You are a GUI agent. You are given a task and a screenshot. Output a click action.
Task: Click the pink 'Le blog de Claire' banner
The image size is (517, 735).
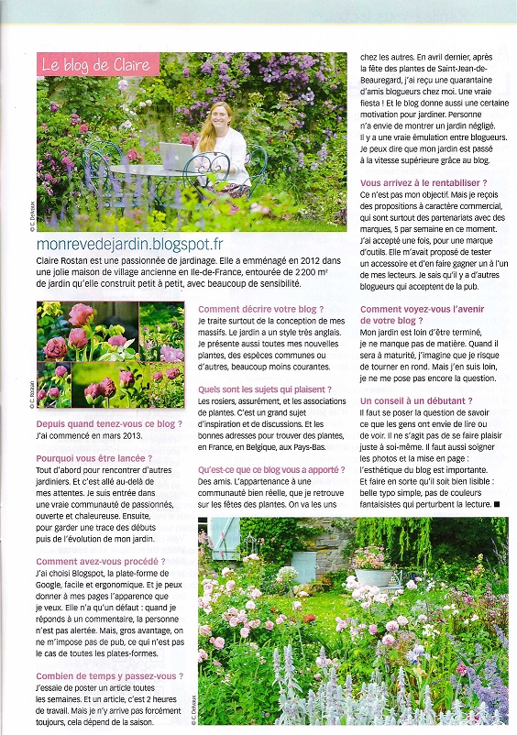[98, 65]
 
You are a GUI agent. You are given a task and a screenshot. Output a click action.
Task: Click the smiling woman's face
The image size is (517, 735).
[221, 115]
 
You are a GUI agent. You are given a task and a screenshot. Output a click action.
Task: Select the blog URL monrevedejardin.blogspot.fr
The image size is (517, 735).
[130, 244]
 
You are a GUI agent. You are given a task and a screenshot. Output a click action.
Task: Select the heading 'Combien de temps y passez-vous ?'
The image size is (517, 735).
[109, 676]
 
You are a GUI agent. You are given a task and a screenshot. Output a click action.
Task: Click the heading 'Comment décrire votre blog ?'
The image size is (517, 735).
[260, 310]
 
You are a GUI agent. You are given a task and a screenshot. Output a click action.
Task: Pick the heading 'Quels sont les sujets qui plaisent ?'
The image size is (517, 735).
[265, 389]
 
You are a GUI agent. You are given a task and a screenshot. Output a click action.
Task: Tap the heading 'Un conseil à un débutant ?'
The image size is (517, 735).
[416, 401]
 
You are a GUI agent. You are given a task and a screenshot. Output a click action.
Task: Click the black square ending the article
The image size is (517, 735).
[497, 503]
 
